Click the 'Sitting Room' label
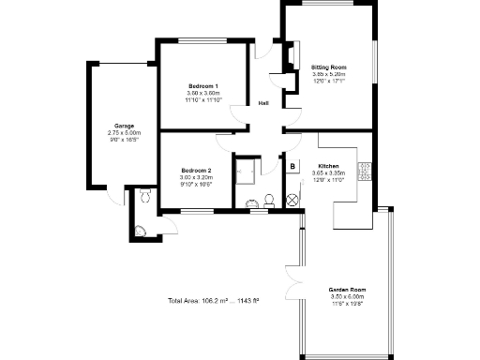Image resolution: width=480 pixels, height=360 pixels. click(x=328, y=67)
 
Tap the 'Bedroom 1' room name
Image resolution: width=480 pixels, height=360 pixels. click(x=202, y=85)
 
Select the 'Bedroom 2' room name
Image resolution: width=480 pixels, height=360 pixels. click(x=196, y=171)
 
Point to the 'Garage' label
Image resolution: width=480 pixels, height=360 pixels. click(x=125, y=125)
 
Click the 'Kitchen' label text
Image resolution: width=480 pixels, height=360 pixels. click(x=341, y=166)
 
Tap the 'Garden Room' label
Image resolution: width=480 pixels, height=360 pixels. click(x=346, y=289)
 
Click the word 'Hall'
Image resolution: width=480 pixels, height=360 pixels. click(x=264, y=104)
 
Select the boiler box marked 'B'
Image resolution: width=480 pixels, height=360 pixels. click(x=292, y=167)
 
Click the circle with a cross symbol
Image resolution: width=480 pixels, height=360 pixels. click(x=292, y=198)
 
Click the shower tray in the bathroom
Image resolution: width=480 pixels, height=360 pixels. click(x=248, y=170)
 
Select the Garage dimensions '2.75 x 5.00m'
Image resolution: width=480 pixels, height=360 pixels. click(x=125, y=132)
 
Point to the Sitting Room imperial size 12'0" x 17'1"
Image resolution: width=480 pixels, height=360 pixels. click(x=328, y=82)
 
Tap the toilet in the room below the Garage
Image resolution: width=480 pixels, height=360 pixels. click(x=144, y=196)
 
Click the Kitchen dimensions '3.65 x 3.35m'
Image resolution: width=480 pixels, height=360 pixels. click(x=341, y=173)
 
